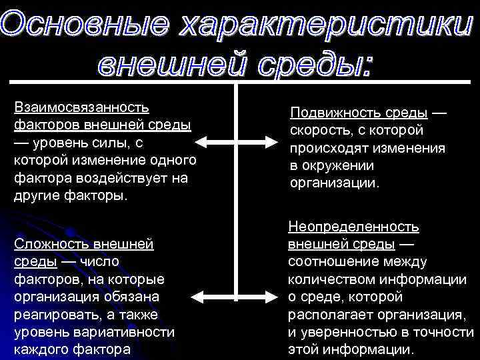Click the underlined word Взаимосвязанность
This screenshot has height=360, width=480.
click(81, 107)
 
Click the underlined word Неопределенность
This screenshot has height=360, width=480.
click(353, 227)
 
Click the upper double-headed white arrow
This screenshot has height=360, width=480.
click(237, 142)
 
